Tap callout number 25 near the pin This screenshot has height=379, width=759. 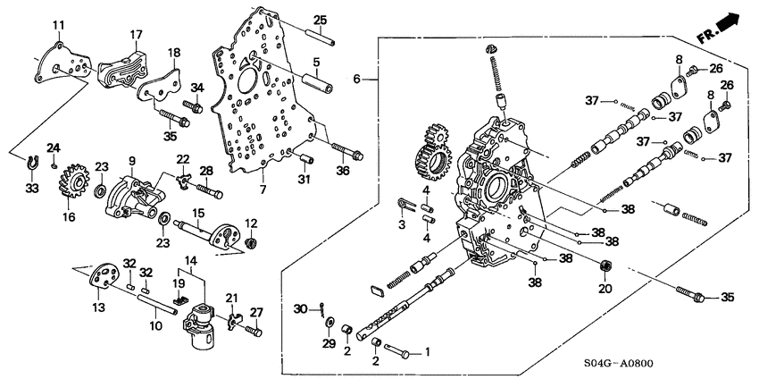pyautogui.click(x=320, y=20)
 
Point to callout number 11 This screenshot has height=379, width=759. pyautogui.click(x=58, y=23)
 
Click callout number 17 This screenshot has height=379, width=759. pyautogui.click(x=137, y=36)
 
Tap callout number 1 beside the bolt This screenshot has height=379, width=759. pyautogui.click(x=427, y=351)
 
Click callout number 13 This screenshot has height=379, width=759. pyautogui.click(x=96, y=307)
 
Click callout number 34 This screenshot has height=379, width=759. pyautogui.click(x=197, y=87)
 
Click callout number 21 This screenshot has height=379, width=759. pyautogui.click(x=231, y=298)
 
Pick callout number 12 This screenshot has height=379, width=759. pyautogui.click(x=251, y=223)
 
